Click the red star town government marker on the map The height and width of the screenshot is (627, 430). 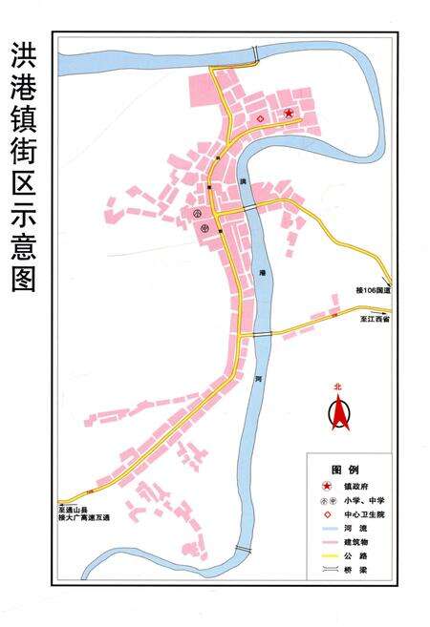(289, 115)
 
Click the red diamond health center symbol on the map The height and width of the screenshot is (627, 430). (260, 119)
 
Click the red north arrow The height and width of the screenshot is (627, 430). (337, 412)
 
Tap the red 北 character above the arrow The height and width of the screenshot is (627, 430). (337, 387)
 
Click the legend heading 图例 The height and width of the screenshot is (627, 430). (344, 470)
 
